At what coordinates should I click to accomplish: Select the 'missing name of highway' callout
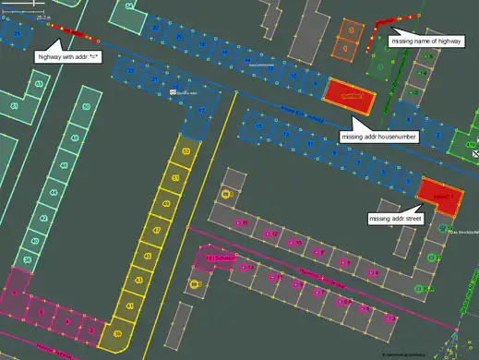point(425,42)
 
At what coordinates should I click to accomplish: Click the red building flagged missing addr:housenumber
point(350,95)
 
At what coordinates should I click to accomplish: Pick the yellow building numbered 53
point(186,150)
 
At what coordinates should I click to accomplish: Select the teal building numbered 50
point(86,107)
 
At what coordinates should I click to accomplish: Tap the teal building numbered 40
point(34,241)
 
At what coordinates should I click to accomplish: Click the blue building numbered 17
point(201,111)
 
